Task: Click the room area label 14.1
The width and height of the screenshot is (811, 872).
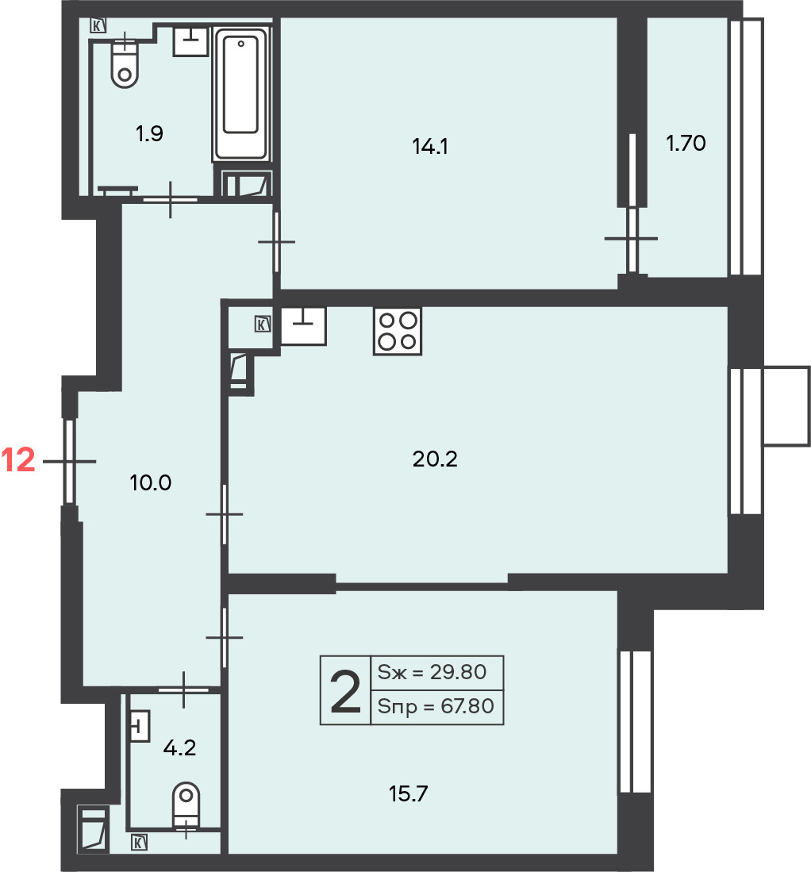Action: (x=430, y=146)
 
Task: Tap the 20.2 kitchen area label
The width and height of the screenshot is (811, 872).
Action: (x=435, y=459)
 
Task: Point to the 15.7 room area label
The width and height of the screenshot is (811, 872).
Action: (x=409, y=793)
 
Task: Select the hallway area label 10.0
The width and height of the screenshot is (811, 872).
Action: (x=150, y=482)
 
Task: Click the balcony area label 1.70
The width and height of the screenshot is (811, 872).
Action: (x=686, y=143)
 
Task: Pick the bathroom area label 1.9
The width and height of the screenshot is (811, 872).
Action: (x=149, y=133)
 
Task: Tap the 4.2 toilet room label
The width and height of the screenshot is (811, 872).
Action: (x=179, y=748)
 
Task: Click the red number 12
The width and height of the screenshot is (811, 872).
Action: (x=18, y=460)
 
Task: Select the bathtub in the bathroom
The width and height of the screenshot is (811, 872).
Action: (x=240, y=94)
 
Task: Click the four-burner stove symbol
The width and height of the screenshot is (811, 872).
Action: (x=397, y=332)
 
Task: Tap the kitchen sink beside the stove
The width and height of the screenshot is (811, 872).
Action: (x=303, y=326)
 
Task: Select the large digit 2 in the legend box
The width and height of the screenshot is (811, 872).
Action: (x=345, y=691)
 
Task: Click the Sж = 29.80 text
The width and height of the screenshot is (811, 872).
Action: (x=432, y=672)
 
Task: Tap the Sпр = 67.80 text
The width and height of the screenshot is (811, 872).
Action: (x=436, y=706)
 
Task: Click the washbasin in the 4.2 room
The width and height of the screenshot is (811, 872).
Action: (x=140, y=726)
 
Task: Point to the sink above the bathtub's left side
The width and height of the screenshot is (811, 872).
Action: (x=191, y=40)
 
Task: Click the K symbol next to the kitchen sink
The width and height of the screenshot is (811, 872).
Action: (x=263, y=324)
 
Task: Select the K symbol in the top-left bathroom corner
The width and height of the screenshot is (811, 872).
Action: (x=98, y=25)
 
